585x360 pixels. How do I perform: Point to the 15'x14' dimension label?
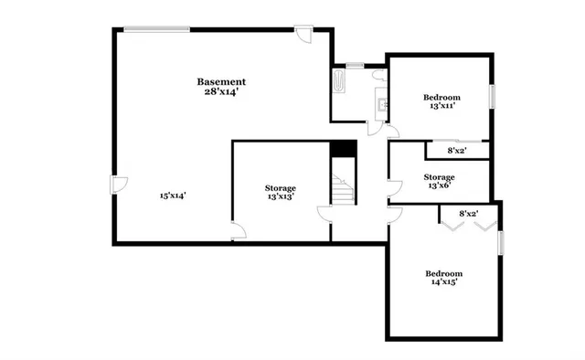pos(173,195)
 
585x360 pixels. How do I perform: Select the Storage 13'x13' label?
pos(281,192)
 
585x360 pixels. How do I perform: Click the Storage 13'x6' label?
pos(439,181)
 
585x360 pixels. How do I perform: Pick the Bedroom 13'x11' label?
pos(441,101)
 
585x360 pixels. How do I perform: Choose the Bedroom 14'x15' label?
pos(443,278)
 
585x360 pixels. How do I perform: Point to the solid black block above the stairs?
pos(343,149)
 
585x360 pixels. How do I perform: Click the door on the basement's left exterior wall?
pos(116,184)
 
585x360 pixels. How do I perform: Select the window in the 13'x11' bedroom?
pos(492,96)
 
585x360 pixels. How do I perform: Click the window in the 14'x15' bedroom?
pos(501,244)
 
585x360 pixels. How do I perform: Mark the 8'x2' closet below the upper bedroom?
pos(456,150)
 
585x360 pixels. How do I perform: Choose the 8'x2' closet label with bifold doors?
pos(468,214)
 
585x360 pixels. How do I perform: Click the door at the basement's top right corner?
pos(305,35)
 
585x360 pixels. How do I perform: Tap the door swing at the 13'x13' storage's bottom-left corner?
pos(237,232)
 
